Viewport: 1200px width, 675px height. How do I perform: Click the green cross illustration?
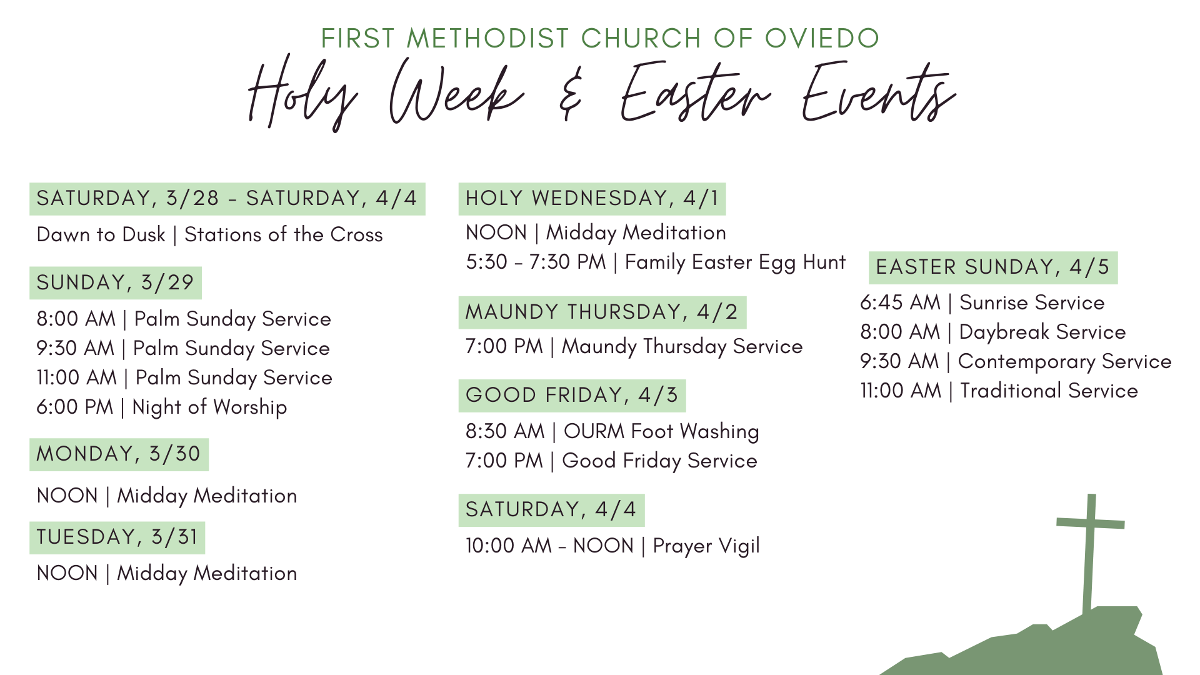click(1091, 550)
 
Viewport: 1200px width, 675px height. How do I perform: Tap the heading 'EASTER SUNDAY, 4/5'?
click(992, 267)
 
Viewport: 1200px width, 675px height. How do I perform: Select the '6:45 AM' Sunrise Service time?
click(900, 302)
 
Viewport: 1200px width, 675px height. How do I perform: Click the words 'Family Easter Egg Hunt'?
click(735, 262)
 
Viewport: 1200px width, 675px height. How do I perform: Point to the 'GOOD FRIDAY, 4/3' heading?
click(572, 396)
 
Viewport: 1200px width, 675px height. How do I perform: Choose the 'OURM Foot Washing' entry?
click(661, 431)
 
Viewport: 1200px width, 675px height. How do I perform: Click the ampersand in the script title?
click(571, 95)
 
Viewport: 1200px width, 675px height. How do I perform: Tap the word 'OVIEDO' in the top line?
click(822, 39)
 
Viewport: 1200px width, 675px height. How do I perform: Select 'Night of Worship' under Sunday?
click(209, 407)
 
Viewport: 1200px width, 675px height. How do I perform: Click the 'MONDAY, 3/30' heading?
click(119, 454)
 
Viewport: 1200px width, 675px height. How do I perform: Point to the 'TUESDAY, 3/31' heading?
click(117, 537)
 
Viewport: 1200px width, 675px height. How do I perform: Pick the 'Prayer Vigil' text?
click(706, 546)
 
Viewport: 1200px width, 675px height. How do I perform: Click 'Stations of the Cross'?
click(283, 235)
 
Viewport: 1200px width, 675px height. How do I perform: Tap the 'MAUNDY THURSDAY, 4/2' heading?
click(602, 312)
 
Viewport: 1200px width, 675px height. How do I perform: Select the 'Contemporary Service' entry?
click(1064, 362)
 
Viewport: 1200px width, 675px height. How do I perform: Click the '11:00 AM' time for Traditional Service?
click(901, 391)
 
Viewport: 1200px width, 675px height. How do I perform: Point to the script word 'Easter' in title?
click(694, 94)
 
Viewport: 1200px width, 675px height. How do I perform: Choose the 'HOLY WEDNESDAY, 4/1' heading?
click(592, 199)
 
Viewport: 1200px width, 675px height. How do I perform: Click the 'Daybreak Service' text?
click(1042, 332)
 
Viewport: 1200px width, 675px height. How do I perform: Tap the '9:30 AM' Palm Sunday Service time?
click(75, 349)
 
